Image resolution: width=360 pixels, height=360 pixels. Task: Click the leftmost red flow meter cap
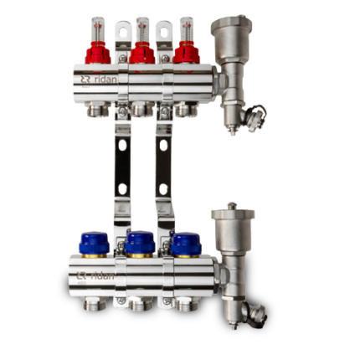click(98, 53)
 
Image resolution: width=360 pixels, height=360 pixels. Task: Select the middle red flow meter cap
click(142, 53)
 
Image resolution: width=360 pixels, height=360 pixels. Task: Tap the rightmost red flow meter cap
click(186, 53)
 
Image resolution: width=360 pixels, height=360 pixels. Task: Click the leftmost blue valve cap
click(94, 243)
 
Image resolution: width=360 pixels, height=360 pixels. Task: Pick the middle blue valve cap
click(140, 243)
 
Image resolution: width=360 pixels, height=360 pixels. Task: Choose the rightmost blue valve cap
click(186, 243)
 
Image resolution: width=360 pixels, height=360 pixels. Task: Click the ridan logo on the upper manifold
click(99, 80)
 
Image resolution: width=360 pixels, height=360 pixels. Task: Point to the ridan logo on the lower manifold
click(95, 276)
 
